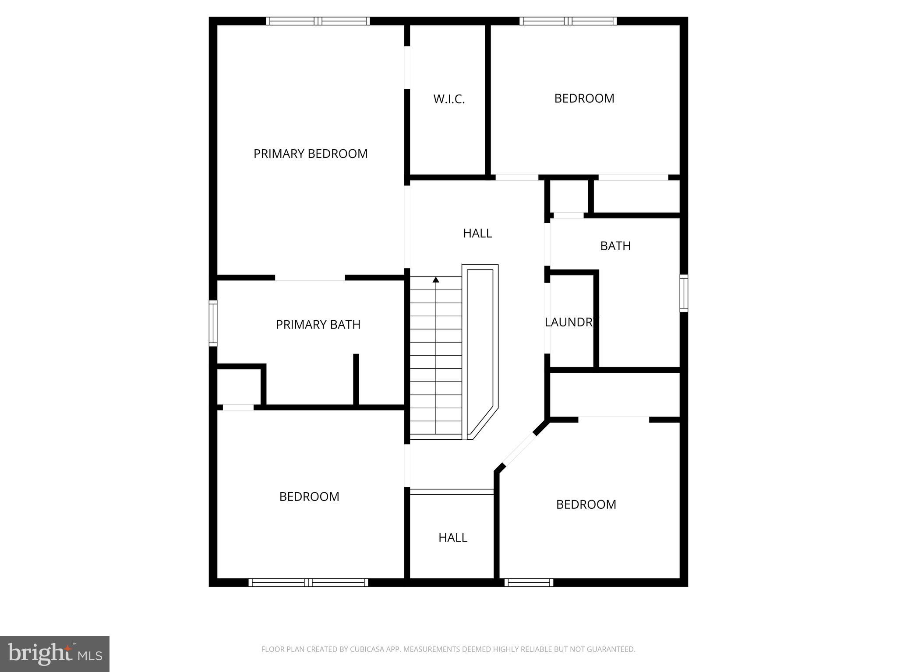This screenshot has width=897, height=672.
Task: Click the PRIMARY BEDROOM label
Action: tap(311, 154)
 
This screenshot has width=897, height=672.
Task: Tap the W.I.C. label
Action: tap(449, 99)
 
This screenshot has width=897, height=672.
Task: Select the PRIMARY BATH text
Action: tap(318, 325)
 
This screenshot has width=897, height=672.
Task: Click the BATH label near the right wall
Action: tap(615, 246)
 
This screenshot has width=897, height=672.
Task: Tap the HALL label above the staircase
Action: tap(477, 233)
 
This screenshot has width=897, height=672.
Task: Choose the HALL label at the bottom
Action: tap(453, 538)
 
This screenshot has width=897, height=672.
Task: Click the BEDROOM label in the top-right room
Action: tap(584, 98)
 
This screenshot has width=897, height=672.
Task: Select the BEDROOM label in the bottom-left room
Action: tap(309, 497)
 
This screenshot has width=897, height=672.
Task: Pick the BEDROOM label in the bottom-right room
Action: tap(586, 504)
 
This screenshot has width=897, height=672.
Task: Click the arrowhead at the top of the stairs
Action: tap(436, 279)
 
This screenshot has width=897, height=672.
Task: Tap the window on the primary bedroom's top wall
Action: tap(318, 21)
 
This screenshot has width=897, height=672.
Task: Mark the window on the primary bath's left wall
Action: tap(213, 323)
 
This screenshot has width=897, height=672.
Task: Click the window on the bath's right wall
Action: tap(684, 293)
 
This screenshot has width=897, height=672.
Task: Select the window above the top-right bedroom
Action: tap(568, 21)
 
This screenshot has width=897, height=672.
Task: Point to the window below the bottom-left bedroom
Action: tap(308, 582)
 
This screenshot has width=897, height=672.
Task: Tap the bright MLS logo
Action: tap(55, 654)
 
